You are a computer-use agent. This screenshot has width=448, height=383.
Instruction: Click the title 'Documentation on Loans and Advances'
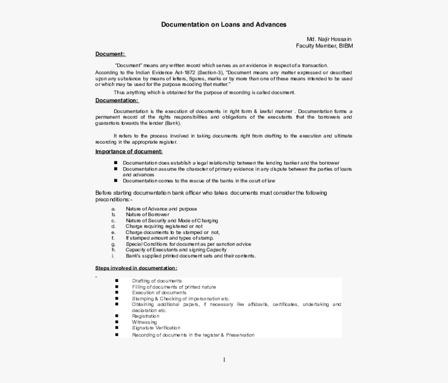(223, 24)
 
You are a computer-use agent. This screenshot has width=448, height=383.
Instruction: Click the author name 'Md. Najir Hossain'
(329, 39)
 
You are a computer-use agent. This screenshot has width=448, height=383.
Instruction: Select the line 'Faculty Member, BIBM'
(325, 46)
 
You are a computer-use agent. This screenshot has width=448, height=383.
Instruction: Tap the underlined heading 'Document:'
(109, 54)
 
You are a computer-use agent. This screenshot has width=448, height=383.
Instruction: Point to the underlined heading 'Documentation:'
(116, 101)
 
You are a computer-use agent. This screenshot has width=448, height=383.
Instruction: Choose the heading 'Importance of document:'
(129, 152)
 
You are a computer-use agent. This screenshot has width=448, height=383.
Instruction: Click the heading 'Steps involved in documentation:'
(136, 268)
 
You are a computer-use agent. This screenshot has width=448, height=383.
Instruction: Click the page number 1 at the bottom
(224, 360)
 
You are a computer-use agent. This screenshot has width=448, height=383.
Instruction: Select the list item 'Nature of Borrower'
(147, 215)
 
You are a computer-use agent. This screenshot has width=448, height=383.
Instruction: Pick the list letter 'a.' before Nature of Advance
(113, 209)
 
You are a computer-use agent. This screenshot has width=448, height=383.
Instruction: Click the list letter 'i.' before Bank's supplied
(113, 256)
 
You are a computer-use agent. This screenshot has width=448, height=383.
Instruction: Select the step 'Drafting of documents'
(157, 281)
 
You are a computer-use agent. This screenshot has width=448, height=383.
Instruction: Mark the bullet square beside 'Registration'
(117, 316)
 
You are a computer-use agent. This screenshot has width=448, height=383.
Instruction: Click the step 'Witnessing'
(144, 322)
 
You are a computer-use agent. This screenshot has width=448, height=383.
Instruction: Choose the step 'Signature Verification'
(156, 328)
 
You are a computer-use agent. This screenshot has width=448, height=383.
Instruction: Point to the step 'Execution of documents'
(159, 293)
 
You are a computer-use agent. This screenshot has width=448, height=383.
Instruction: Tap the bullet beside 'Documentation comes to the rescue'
(116, 181)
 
